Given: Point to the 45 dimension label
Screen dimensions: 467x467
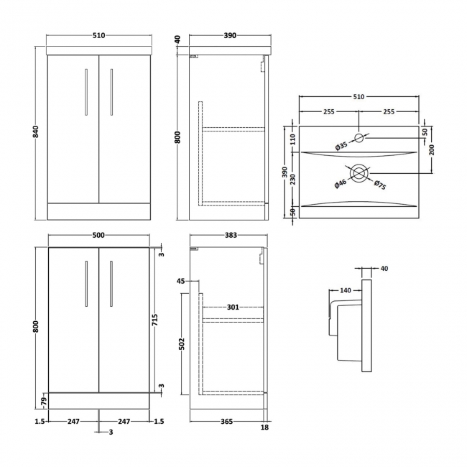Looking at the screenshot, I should [x=180, y=281].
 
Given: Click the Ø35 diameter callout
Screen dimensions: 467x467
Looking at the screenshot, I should [x=342, y=147].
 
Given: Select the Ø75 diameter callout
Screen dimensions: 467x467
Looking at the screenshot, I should [x=380, y=185].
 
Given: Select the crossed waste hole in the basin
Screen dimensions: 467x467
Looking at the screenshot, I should [x=359, y=172].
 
